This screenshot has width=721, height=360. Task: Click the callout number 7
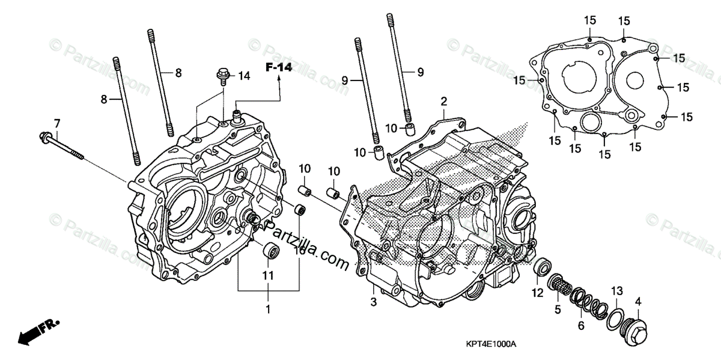pos(57,123)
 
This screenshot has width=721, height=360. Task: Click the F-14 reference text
pos(279,68)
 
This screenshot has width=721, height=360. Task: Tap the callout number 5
pos(558,310)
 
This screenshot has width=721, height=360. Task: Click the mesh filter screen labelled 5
pos(561,283)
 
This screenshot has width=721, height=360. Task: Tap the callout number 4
pos(638,301)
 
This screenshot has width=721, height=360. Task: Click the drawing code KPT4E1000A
pos(491,344)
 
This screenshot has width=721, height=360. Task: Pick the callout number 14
pos(243,76)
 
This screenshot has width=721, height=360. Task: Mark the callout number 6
pos(580,326)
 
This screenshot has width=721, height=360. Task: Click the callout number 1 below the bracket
pos(268,310)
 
